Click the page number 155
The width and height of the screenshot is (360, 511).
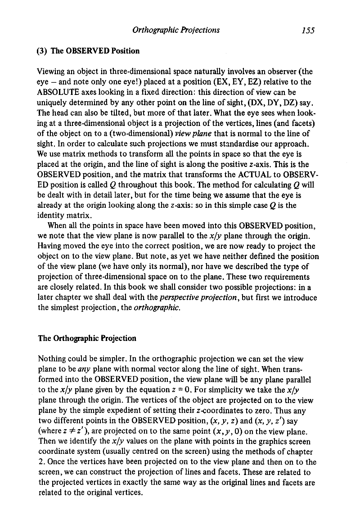[308, 30]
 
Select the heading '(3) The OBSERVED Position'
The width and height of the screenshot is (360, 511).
[88, 51]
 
